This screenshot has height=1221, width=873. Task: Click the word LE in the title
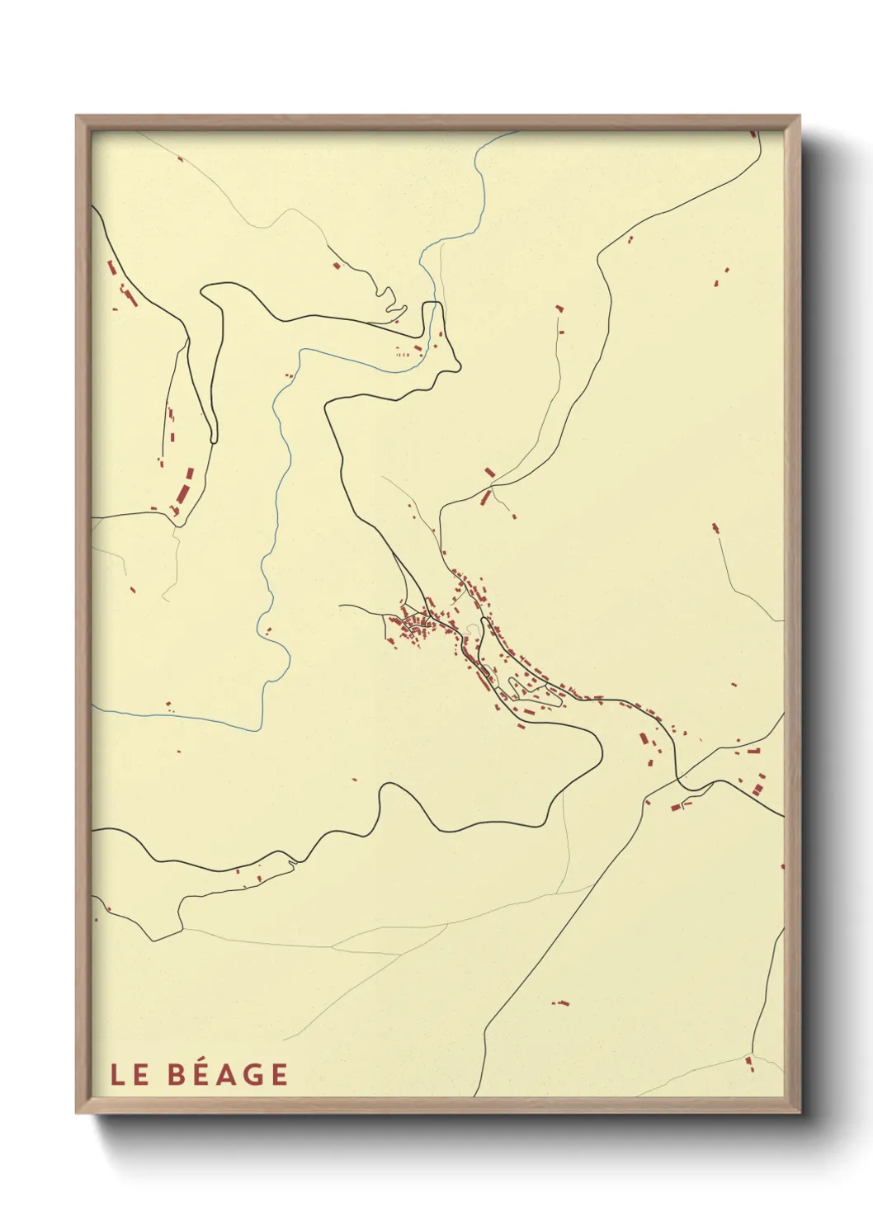coord(129,1075)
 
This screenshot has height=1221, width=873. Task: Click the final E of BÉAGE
coord(279,1075)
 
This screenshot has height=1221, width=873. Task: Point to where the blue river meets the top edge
coord(517,132)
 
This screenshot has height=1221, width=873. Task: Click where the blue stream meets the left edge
coord(93,708)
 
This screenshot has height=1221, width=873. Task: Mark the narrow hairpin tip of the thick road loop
coord(214,441)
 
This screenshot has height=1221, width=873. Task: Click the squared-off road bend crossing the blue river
coord(433,304)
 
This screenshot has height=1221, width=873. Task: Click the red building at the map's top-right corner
coord(753,134)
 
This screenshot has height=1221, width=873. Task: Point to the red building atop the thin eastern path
coord(715,527)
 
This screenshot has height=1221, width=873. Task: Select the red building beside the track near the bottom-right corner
coord(749,1063)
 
